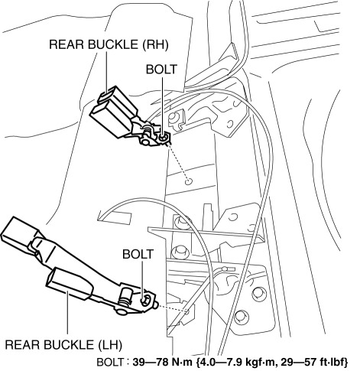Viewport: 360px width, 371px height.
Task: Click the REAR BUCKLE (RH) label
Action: click(109, 44)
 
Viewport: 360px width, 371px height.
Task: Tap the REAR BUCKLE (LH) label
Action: click(63, 345)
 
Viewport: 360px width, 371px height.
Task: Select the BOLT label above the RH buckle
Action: click(161, 70)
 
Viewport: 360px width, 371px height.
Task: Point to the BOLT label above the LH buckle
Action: click(138, 254)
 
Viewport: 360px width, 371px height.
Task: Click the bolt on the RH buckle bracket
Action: click(164, 138)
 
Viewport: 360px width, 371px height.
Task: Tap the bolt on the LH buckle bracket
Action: click(145, 299)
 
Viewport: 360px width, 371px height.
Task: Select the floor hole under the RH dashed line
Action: click(189, 182)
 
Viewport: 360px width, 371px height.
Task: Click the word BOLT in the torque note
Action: click(110, 362)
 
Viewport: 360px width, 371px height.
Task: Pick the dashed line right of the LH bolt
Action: click(172, 308)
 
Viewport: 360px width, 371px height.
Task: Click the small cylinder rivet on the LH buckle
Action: click(126, 296)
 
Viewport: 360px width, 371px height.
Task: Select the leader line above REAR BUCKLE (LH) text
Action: click(67, 313)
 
